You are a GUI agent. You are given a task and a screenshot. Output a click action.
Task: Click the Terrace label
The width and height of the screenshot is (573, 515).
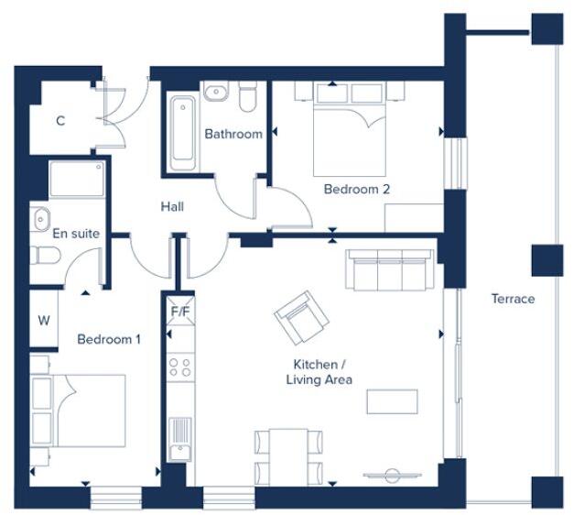click(x=513, y=299)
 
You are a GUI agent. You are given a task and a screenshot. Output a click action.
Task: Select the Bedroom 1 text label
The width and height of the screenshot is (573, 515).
click(x=109, y=339)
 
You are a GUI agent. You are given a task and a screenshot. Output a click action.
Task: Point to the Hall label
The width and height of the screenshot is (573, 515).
click(x=172, y=207)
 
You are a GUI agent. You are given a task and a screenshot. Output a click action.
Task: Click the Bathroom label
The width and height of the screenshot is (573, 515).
click(x=232, y=134)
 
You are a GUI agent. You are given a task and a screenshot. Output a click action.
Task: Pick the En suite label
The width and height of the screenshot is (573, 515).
click(x=75, y=234)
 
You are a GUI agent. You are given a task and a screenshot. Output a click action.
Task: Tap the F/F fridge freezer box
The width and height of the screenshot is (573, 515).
click(x=179, y=311)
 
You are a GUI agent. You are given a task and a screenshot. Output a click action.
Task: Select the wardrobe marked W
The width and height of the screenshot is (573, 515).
click(x=44, y=321)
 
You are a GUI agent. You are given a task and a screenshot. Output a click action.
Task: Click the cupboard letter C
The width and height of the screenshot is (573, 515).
click(x=60, y=121)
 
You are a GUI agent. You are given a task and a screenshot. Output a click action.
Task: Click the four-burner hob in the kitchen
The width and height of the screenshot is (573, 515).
click(x=179, y=367)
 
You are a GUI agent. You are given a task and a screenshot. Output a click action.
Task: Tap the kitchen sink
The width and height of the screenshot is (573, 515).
click(x=179, y=436)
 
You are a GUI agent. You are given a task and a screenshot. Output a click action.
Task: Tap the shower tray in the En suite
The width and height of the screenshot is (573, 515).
click(x=76, y=180)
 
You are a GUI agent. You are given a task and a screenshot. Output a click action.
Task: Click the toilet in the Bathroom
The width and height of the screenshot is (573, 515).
click(x=247, y=96)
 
